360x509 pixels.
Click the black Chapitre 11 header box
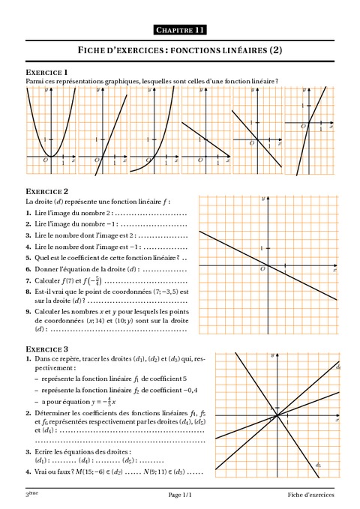click(x=180, y=30)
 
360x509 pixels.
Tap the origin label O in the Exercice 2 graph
click(x=262, y=268)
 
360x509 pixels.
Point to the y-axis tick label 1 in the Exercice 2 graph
click(x=262, y=247)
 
